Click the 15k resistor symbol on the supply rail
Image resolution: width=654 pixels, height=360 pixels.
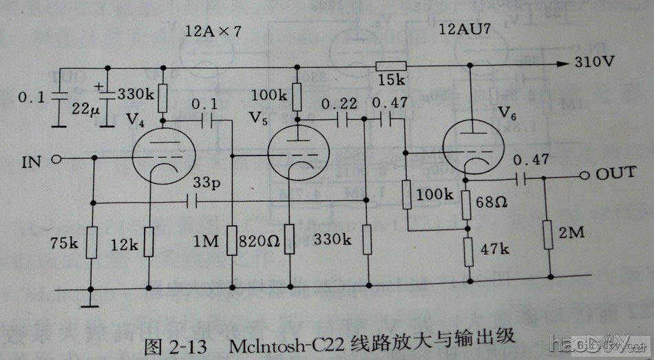390,66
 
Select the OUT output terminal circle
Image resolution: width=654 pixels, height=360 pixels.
584,175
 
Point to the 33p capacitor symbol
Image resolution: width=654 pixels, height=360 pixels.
192,202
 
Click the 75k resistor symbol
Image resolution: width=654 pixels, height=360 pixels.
91,242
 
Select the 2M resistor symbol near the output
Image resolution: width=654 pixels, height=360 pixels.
550,235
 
